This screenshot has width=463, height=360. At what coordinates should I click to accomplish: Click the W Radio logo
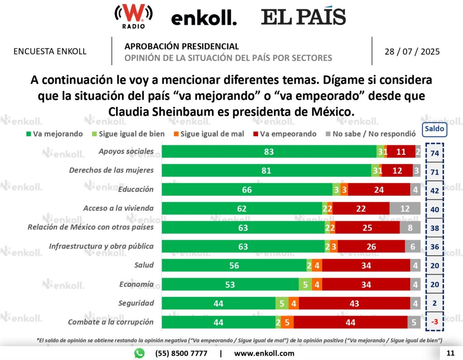[x=133, y=17]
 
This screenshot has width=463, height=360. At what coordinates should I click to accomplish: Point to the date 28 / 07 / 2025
[x=412, y=52]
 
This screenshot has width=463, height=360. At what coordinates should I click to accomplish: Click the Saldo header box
[x=435, y=129]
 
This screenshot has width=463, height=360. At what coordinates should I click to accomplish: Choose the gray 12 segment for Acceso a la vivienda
[x=405, y=208]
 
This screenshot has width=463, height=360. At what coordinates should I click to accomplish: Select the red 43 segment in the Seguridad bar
[x=354, y=303]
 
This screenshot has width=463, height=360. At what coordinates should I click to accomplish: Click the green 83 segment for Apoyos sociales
[x=269, y=152]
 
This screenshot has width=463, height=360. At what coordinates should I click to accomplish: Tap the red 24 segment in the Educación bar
[x=379, y=189]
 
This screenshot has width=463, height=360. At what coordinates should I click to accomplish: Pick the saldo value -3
[x=435, y=322]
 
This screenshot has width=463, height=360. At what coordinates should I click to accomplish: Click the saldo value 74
[x=435, y=153]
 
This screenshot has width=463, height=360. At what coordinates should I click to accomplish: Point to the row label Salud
[x=144, y=265]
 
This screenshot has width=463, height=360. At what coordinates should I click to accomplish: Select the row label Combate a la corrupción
[x=111, y=322]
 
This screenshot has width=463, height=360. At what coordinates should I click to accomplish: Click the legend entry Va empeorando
[x=285, y=134]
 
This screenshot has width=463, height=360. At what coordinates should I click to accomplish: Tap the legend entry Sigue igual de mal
[x=209, y=134]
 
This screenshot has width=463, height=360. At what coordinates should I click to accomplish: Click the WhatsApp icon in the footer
[x=139, y=353]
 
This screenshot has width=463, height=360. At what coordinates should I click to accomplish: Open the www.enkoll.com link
[x=264, y=353]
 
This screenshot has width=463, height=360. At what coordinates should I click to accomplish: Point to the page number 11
[x=450, y=353]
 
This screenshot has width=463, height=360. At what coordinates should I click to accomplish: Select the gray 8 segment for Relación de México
[x=410, y=227]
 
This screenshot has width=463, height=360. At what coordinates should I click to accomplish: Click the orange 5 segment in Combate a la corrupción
[x=287, y=322]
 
